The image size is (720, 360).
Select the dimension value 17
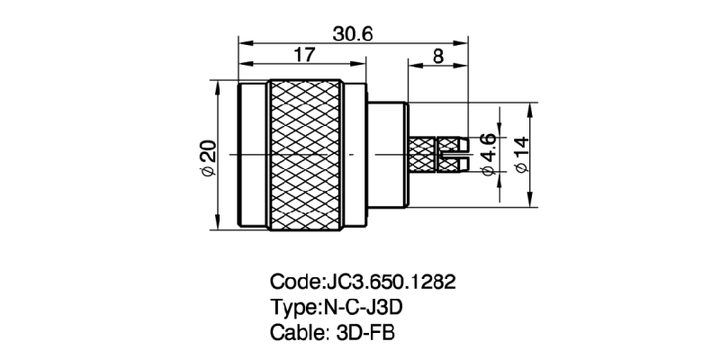pos(303,56)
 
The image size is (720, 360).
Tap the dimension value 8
pos(438,56)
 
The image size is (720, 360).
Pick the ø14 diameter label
pos(521,154)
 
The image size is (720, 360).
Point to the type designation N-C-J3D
pos(361,306)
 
